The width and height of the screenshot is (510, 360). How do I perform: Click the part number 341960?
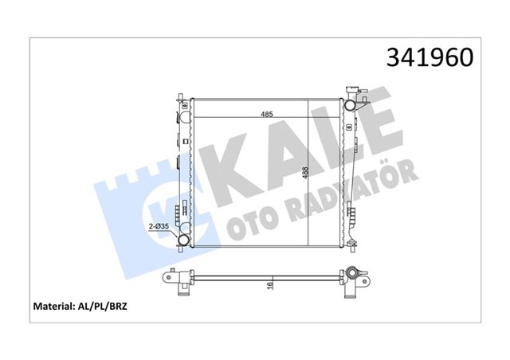(x=430, y=57)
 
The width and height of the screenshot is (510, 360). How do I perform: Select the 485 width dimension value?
(x=267, y=114)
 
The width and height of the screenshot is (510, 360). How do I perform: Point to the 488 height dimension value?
(x=305, y=173)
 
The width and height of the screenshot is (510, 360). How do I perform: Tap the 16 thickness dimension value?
(x=270, y=285)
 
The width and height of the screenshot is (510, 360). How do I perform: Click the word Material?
(x=53, y=307)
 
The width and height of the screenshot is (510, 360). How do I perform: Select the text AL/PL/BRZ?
(x=101, y=307)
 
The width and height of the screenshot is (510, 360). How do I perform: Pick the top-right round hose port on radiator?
(x=350, y=105)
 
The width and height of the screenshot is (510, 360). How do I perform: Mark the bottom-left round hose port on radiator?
(x=184, y=240)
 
